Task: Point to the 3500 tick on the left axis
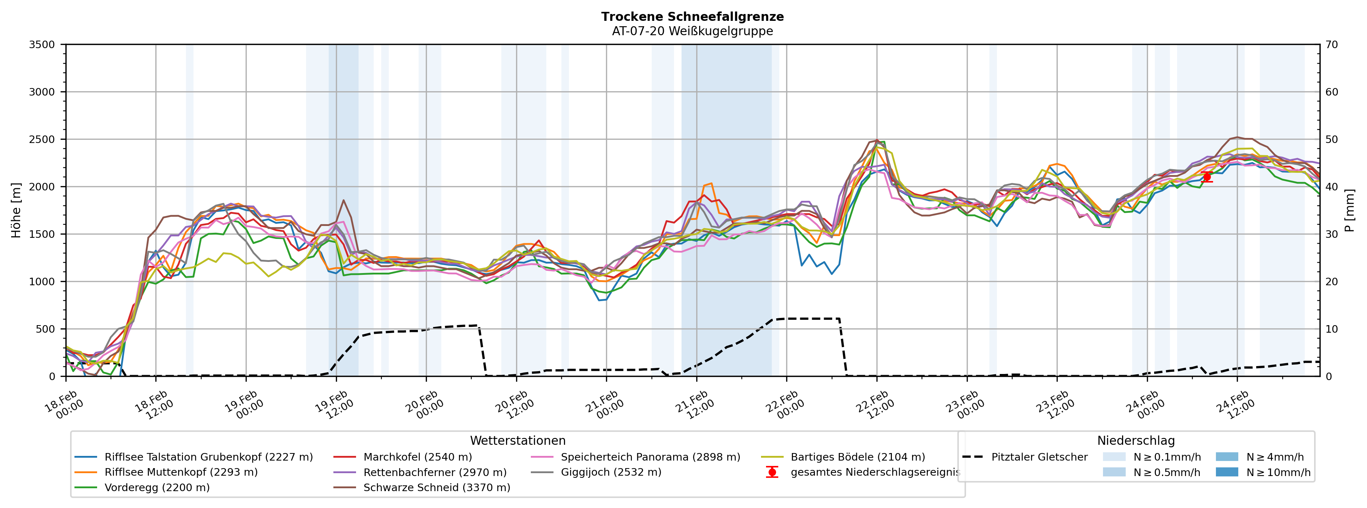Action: (42, 45)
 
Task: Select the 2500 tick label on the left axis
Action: (42, 139)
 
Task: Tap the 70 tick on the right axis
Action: (1331, 45)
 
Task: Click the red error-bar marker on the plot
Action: (1207, 177)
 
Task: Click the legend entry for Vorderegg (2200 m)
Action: (156, 487)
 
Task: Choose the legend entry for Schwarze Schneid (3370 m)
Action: (436, 487)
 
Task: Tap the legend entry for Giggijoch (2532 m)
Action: (611, 472)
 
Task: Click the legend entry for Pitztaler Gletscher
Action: (1039, 457)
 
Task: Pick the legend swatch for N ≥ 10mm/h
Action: (1226, 472)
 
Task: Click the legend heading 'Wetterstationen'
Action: (518, 441)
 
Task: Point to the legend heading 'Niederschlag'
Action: (1136, 441)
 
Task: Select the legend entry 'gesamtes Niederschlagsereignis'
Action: (875, 472)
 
